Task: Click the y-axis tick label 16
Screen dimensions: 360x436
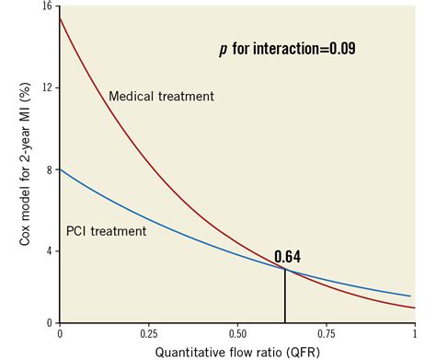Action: click(x=46, y=7)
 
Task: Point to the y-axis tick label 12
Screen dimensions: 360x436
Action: click(x=46, y=87)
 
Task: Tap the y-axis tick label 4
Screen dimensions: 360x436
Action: click(x=49, y=250)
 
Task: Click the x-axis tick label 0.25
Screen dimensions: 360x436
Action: click(x=147, y=332)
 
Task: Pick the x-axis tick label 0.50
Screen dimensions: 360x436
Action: click(x=237, y=332)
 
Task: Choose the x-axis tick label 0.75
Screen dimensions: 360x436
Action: click(x=326, y=332)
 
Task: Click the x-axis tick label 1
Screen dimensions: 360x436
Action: click(x=415, y=332)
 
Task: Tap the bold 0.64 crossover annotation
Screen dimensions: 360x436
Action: click(x=287, y=257)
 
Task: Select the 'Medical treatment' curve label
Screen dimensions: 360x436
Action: click(x=161, y=96)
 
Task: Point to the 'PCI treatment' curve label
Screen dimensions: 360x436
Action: click(x=106, y=231)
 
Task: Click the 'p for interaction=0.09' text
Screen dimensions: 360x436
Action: click(x=287, y=49)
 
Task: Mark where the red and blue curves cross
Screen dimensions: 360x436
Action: click(x=285, y=269)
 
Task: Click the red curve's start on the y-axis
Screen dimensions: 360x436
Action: click(x=60, y=18)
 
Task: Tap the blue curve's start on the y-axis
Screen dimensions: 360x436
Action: click(x=60, y=168)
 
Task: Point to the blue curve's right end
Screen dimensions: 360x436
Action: click(x=409, y=296)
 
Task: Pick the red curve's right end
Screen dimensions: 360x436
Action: click(x=414, y=308)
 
